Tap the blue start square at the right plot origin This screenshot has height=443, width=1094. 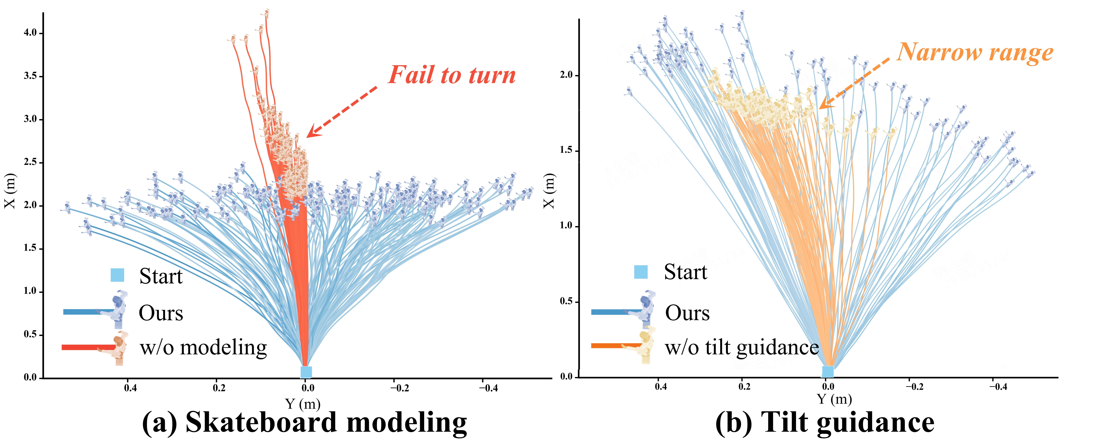pyautogui.click(x=828, y=372)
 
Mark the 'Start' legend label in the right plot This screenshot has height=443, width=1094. pyautogui.click(x=686, y=272)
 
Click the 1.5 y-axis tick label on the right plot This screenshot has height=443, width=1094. pyautogui.click(x=566, y=151)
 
